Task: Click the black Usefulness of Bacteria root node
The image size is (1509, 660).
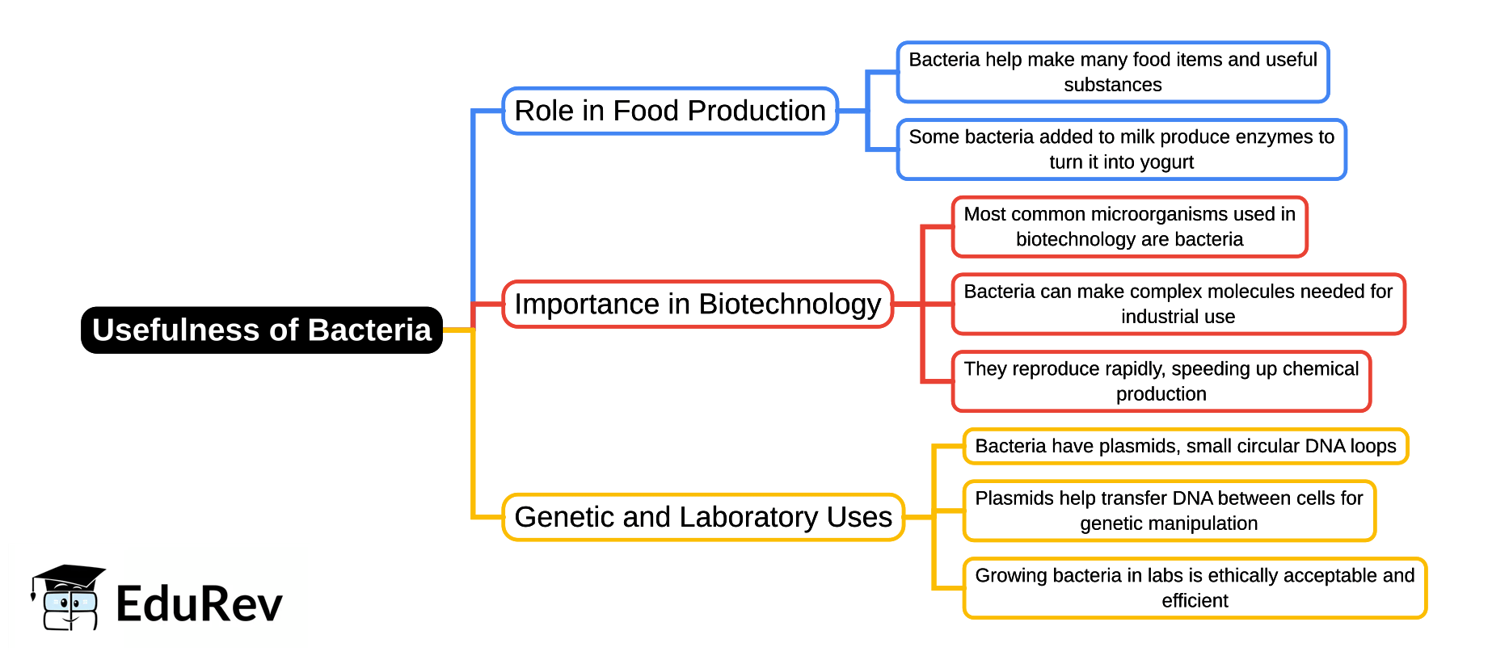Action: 261,330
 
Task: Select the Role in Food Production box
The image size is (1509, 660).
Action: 670,111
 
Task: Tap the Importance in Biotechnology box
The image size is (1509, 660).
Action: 698,304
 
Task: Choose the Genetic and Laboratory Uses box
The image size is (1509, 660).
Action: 703,517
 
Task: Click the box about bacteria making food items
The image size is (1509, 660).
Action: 1113,72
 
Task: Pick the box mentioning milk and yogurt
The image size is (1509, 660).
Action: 1121,149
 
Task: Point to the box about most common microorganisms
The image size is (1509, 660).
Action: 1129,227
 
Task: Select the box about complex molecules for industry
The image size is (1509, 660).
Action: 1178,304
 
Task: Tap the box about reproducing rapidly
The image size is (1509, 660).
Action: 1161,381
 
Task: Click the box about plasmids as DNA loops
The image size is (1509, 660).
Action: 1185,446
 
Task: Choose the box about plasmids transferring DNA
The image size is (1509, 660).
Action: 1169,511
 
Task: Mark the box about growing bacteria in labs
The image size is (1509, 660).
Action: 1195,588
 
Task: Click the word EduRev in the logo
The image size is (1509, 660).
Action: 199,603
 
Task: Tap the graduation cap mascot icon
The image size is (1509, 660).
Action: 68,597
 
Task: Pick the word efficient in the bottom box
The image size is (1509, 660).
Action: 1195,601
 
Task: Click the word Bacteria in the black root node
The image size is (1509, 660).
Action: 369,330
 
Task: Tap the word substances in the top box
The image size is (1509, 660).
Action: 1113,85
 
